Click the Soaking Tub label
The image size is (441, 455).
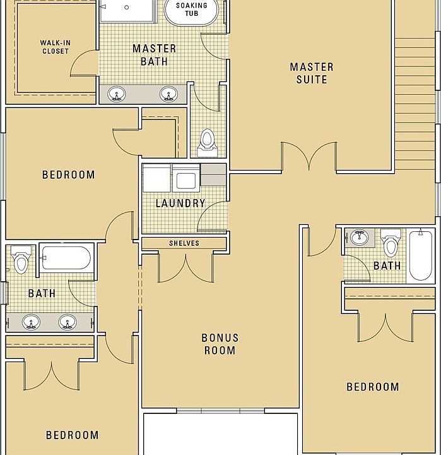[x=192, y=9]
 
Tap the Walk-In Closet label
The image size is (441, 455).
[x=55, y=47]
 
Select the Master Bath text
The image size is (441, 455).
[x=154, y=55]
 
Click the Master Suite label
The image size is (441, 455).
[x=312, y=73]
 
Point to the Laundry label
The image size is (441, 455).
[x=180, y=203]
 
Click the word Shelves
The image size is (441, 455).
[x=184, y=243]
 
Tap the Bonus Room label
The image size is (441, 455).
[x=220, y=344]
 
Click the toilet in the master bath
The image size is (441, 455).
[x=207, y=143]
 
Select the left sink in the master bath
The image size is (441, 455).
[x=117, y=94]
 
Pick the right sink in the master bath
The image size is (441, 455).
[x=168, y=94]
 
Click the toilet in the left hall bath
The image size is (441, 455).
[x=21, y=260]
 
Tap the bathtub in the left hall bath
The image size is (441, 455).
[x=66, y=258]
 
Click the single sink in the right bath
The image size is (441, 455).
[x=359, y=238]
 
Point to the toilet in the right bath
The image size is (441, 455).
[x=391, y=243]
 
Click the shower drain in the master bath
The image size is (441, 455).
[x=126, y=7]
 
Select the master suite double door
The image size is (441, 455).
[x=309, y=156]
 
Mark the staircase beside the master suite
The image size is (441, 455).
[x=415, y=104]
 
